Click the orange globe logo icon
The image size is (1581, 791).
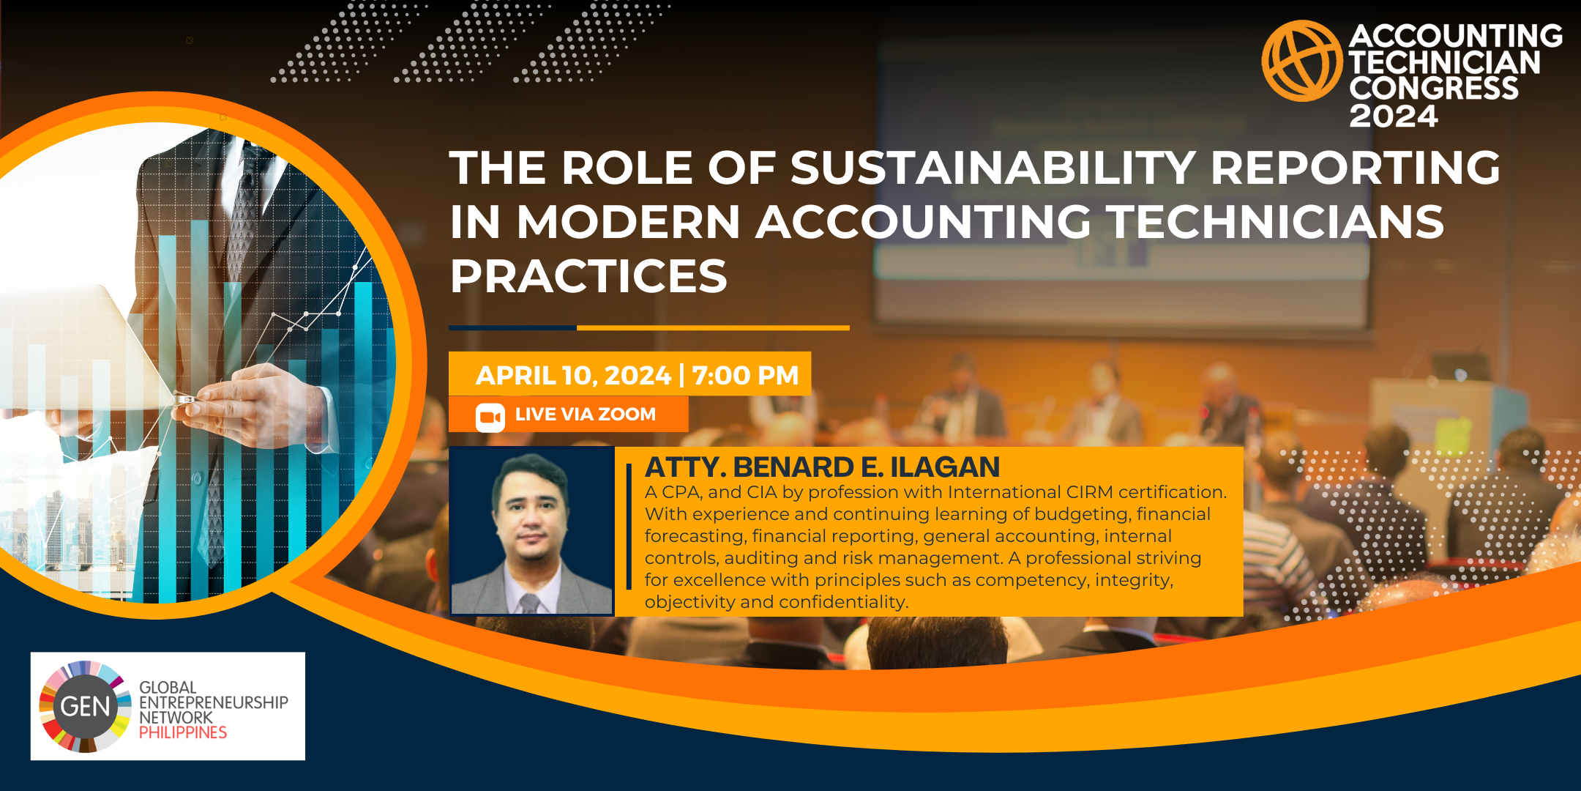[1302, 61]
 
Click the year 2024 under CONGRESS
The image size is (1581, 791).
[1394, 116]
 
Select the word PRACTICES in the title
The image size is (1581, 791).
[588, 276]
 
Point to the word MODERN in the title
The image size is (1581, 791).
[629, 222]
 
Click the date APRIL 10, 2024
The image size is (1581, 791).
[573, 376]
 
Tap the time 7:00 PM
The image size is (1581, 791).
[745, 376]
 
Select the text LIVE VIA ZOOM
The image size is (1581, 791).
[586, 415]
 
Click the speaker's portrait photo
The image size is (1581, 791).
[531, 531]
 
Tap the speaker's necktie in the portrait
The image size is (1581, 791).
[529, 604]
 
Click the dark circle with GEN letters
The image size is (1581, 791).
[86, 707]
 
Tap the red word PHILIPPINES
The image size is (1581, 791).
[183, 732]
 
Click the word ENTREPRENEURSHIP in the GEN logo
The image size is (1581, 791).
[214, 702]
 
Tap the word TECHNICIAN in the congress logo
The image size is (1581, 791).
[1445, 62]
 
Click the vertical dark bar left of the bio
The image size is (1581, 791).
[629, 526]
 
